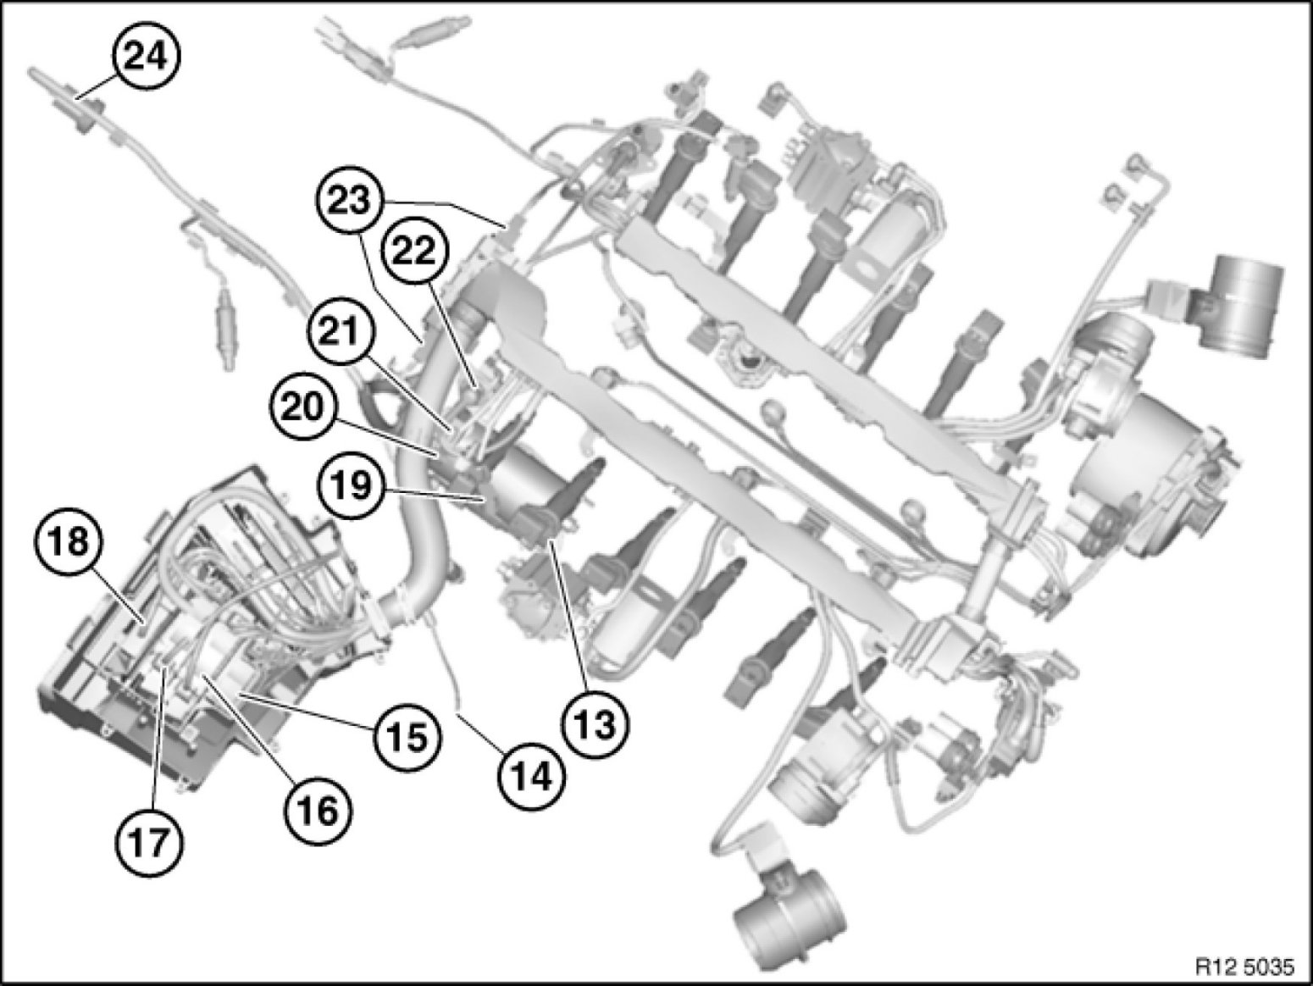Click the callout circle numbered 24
(146, 58)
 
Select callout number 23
(351, 199)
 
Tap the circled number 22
(415, 251)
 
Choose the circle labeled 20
(302, 408)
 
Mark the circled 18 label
(70, 543)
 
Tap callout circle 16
(318, 812)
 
